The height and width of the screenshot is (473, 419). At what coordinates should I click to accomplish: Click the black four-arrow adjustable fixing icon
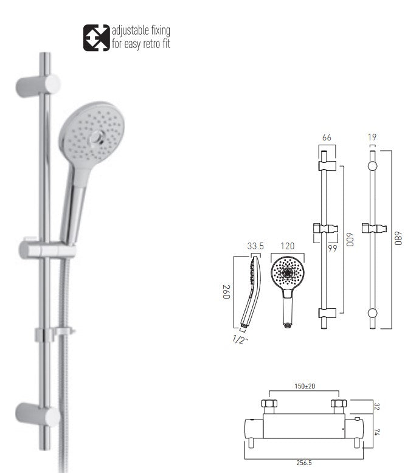(x=97, y=37)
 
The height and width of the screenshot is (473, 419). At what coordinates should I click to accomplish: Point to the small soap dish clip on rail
(x=55, y=333)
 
